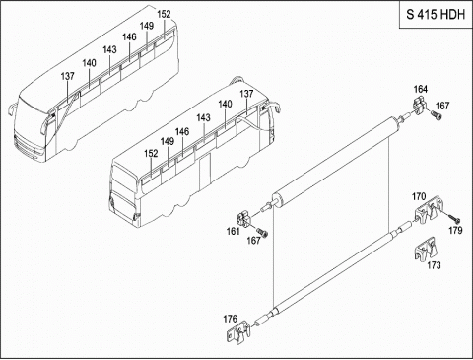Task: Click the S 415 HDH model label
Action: [x=436, y=15]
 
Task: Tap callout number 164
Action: [x=421, y=89]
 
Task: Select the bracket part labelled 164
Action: [x=419, y=107]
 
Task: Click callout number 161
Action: [x=233, y=232]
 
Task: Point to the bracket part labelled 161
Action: [x=244, y=219]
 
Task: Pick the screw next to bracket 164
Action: [x=436, y=115]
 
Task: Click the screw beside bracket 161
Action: [x=262, y=233]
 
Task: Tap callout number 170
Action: [x=419, y=196]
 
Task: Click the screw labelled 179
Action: [x=453, y=218]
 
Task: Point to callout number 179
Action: [x=455, y=231]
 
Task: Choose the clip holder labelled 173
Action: [x=425, y=249]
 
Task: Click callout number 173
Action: [x=434, y=265]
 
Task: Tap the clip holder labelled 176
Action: [x=238, y=332]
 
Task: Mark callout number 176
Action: [x=230, y=319]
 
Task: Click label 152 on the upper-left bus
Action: [x=164, y=14]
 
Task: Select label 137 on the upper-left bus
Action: [x=67, y=76]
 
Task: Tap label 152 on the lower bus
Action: [x=151, y=154]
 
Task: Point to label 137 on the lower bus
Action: [x=246, y=94]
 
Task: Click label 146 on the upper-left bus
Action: [x=129, y=37]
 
